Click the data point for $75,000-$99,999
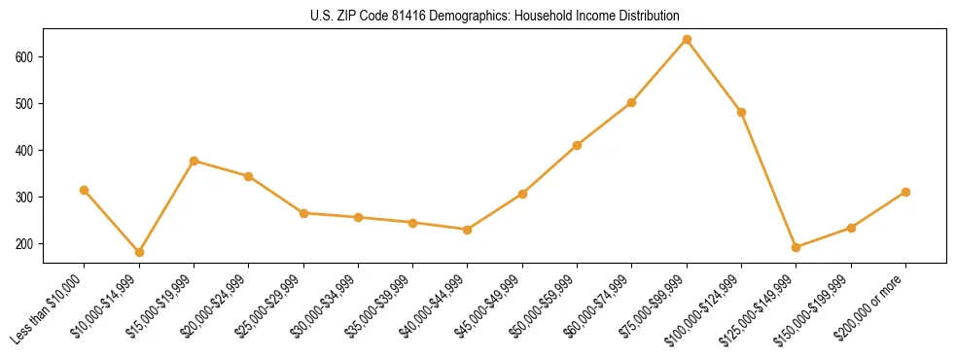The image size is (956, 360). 687,40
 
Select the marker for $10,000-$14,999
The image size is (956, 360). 139,252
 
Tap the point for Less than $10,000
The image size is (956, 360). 85,190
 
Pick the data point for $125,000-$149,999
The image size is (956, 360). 797,247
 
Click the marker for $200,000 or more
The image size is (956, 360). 905,192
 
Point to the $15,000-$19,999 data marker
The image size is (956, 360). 195,161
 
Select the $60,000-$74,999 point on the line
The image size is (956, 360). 632,102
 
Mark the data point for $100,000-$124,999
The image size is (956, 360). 742,112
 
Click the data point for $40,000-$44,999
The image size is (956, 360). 468,230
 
